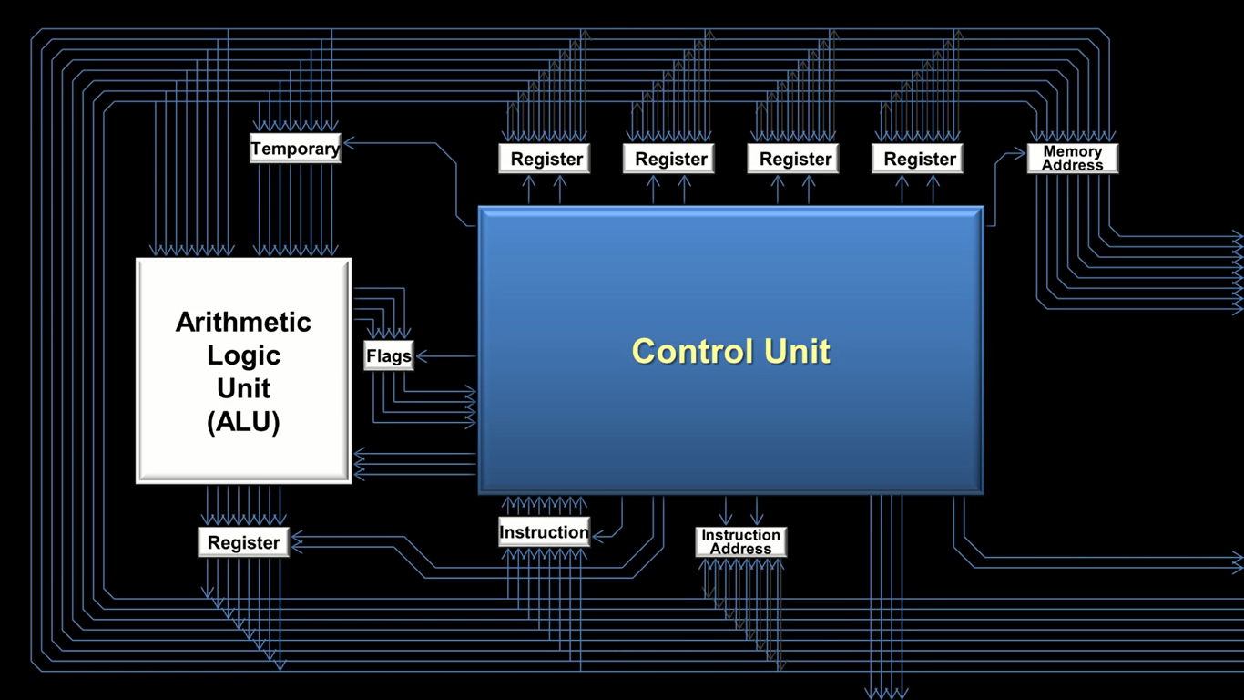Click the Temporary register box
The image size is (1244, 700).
click(295, 149)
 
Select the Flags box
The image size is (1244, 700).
click(389, 355)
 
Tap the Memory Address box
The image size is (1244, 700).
click(1072, 158)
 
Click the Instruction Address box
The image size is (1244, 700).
click(740, 541)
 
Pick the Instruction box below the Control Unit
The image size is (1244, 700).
click(544, 532)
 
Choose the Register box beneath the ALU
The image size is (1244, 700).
click(243, 542)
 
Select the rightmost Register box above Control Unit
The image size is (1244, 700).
click(920, 159)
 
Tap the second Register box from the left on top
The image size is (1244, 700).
click(671, 159)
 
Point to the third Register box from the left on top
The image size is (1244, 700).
click(795, 159)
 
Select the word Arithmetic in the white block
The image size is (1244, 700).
click(243, 322)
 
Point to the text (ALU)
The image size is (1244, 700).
click(243, 422)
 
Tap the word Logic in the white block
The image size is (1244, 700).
click(243, 355)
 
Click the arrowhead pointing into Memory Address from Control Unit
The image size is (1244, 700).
click(1021, 153)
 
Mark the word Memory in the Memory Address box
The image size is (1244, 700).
click(1072, 151)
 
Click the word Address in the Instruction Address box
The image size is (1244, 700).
click(740, 549)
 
